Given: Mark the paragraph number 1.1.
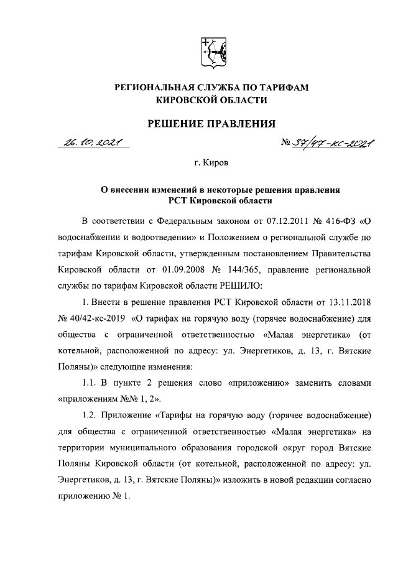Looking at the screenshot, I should (91, 381).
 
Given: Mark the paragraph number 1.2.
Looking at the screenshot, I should (91, 414).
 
